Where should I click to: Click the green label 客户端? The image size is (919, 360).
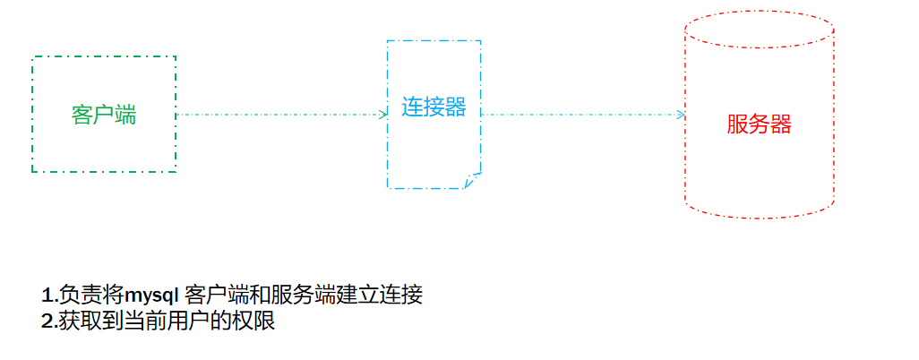(104, 115)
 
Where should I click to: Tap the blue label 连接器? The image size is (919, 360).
(434, 107)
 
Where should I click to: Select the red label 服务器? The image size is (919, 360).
(759, 124)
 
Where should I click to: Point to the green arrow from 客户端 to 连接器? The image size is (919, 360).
(278, 115)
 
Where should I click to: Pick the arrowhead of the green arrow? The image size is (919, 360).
(382, 115)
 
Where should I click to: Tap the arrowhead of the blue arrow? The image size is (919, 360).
(681, 115)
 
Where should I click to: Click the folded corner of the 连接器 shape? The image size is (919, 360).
(473, 181)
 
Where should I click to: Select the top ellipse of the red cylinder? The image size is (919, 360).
(759, 29)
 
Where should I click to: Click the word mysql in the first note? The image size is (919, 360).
(151, 296)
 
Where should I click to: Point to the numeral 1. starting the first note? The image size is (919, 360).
(49, 296)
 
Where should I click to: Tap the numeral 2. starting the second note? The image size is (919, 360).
(49, 321)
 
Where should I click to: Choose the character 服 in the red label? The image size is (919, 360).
(737, 124)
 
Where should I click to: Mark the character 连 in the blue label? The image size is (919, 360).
(412, 107)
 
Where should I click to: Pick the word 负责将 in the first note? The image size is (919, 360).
(90, 296)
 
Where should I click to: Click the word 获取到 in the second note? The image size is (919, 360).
(90, 321)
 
